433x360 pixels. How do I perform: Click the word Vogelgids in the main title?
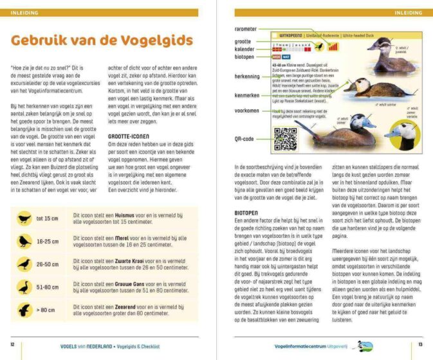(149, 41)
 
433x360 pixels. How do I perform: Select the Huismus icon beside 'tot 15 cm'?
(24, 217)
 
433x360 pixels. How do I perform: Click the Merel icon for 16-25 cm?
(24, 241)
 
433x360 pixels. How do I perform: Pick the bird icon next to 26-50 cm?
(24, 264)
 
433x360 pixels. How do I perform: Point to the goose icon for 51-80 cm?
(24, 287)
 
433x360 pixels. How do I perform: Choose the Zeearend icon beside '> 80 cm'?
(24, 310)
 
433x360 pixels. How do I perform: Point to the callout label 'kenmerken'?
(246, 94)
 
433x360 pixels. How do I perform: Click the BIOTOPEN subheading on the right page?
(248, 212)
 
